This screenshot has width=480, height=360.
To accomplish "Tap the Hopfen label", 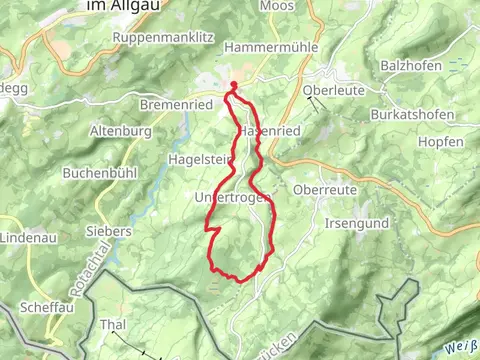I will (441, 142).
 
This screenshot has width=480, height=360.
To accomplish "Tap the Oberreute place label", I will (325, 189).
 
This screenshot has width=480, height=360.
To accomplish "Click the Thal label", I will (114, 325).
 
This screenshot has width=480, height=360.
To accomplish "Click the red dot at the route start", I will (233, 84).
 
